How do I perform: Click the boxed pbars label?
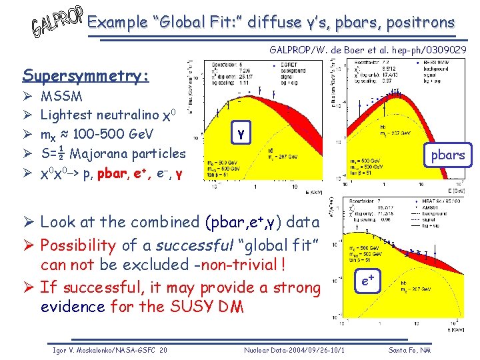click(447, 155)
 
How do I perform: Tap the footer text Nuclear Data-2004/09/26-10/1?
click(294, 350)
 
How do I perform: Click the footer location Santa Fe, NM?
click(409, 350)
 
